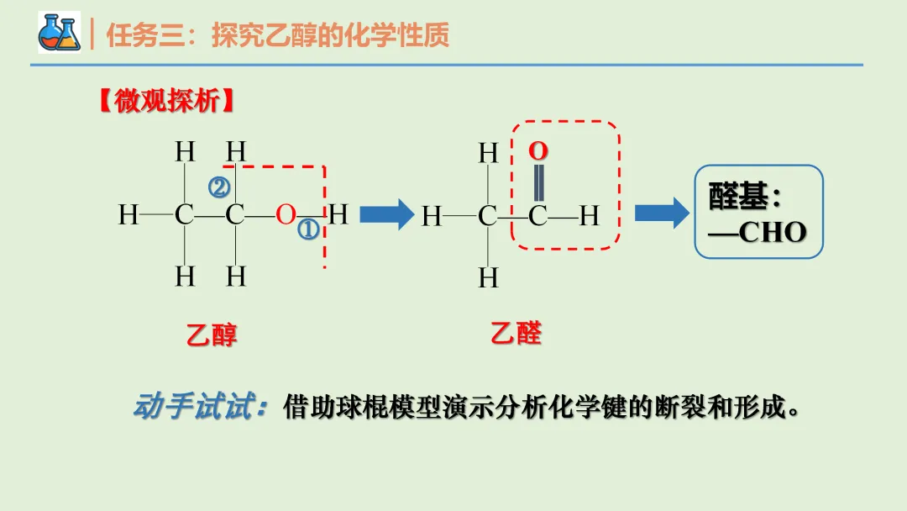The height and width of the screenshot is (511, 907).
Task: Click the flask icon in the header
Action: [x=59, y=33]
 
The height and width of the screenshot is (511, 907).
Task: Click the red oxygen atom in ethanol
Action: [x=286, y=215]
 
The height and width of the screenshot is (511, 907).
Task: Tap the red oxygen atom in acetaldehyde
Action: [x=537, y=151]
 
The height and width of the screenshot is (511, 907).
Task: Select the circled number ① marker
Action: [x=308, y=229]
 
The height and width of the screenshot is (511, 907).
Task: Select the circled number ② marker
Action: [x=219, y=187]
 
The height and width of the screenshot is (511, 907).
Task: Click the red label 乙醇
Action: [x=212, y=335]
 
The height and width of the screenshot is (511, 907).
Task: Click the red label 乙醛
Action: [x=516, y=333]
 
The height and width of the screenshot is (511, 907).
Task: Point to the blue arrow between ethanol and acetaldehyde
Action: [x=386, y=215]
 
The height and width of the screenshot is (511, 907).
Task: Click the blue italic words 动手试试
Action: [x=198, y=408]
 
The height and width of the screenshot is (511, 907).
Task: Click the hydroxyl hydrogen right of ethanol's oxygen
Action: [x=338, y=215]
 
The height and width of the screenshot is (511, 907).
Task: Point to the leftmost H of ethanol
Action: [x=128, y=215]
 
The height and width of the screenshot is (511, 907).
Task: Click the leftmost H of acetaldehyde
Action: [x=431, y=217]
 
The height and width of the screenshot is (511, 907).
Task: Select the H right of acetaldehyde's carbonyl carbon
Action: [x=589, y=217]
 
